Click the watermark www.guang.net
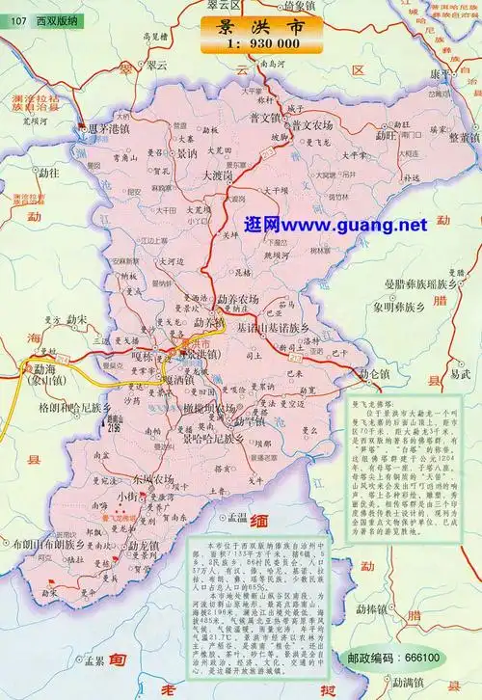pyautogui.click(x=335, y=225)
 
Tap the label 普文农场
pyautogui.click(x=311, y=124)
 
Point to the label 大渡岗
pyautogui.click(x=221, y=176)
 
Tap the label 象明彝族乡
pyautogui.click(x=393, y=308)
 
